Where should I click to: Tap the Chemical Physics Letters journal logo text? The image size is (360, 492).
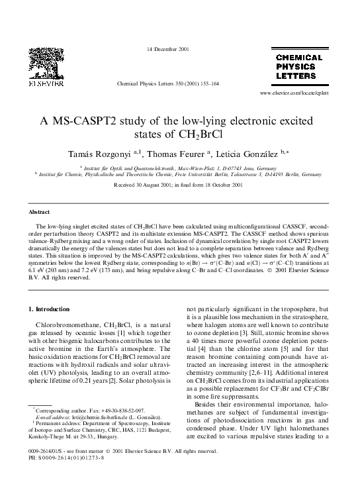[298, 67]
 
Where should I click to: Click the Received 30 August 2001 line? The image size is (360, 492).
[179, 187]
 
